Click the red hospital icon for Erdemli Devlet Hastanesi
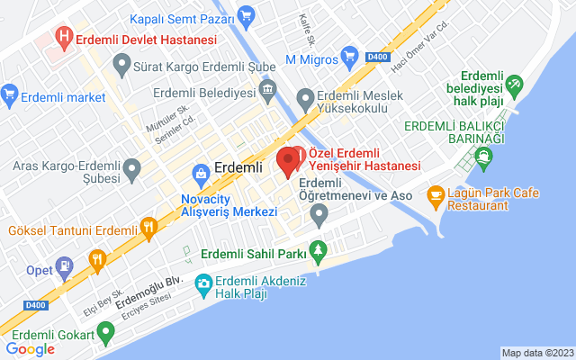64,39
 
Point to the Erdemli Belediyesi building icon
267,90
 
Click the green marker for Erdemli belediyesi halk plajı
514,85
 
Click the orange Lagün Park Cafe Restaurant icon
435,194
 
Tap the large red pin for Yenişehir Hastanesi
288,161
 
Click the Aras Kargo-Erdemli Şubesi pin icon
132,167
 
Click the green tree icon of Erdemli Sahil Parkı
316,250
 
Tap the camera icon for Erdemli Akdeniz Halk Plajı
203,285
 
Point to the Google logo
30,349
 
